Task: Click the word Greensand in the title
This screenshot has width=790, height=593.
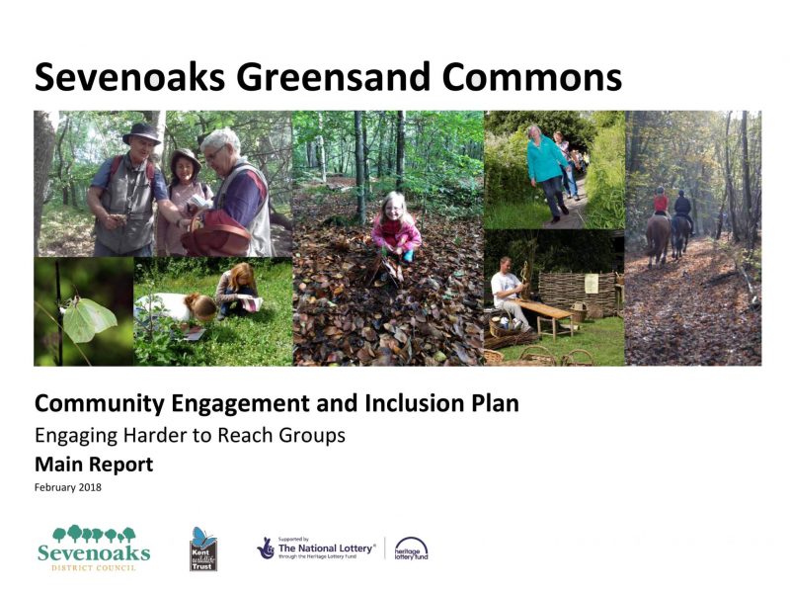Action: coord(333,78)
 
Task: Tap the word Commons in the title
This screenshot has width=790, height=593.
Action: coord(532,77)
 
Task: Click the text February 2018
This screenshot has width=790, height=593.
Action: coord(67,487)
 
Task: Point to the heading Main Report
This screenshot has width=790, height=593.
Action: coord(94,465)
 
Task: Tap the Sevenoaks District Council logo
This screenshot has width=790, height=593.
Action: coord(94,549)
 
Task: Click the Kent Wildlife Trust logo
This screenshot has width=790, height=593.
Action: coord(203,550)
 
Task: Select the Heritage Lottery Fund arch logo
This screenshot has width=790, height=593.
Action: coord(411,549)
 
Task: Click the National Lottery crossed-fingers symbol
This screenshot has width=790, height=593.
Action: coord(266,549)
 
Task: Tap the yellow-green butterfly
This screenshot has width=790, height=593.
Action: coord(89,318)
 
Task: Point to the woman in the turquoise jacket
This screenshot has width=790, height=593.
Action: coord(547,172)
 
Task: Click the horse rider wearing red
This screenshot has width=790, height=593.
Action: coord(661,202)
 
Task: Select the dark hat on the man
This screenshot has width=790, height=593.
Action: coord(142,133)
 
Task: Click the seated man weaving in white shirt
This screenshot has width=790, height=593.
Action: coord(511,293)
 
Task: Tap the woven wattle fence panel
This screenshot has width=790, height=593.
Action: coord(578,294)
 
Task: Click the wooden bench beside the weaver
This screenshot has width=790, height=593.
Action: coord(548,316)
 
